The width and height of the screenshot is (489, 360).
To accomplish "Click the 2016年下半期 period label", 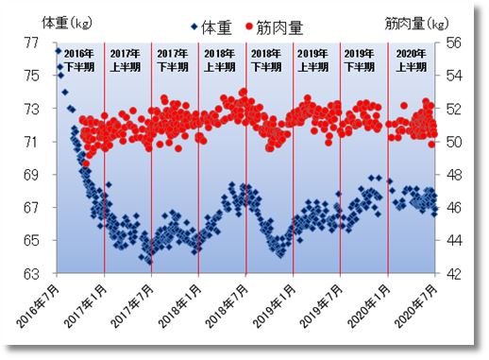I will coord(81,60).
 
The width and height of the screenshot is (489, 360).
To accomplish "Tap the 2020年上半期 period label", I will coord(410,60).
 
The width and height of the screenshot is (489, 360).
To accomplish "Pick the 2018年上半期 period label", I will coord(221,60).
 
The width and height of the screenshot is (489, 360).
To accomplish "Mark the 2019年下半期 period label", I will coord(363,60).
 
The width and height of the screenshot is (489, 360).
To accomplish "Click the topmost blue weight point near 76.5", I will coord(59,51).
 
